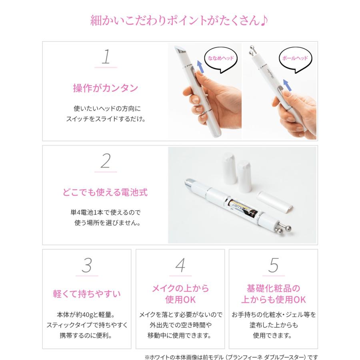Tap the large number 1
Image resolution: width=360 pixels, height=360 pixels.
click(x=106, y=57)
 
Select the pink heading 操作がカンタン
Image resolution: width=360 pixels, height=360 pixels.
click(x=106, y=88)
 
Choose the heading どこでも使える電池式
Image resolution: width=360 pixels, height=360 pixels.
click(x=105, y=192)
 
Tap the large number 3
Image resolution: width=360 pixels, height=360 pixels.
click(x=87, y=265)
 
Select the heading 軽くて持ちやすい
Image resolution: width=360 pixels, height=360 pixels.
click(x=87, y=294)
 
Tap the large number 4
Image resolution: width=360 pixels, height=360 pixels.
click(x=180, y=265)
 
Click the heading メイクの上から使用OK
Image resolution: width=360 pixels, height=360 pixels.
click(x=180, y=294)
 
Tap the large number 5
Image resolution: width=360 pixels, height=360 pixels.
click(x=273, y=265)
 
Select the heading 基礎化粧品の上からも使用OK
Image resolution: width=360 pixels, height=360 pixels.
click(x=273, y=294)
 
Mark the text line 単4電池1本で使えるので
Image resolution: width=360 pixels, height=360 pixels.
click(x=105, y=212)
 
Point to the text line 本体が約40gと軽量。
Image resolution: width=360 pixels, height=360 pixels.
click(x=87, y=315)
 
